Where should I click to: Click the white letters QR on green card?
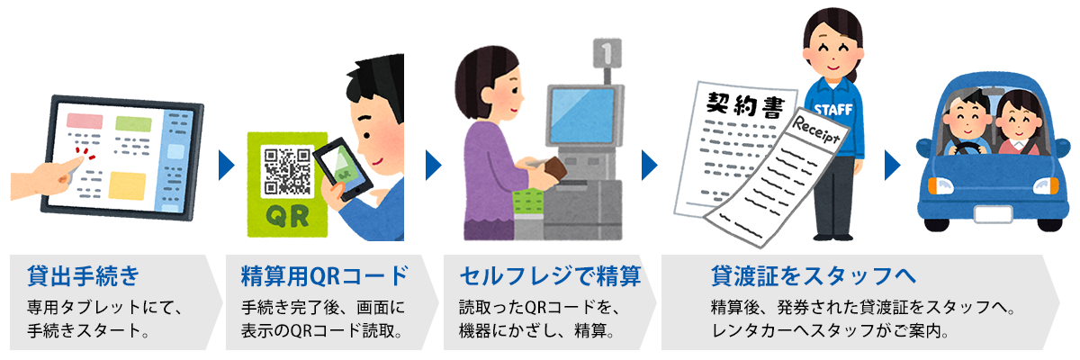pyautogui.click(x=286, y=217)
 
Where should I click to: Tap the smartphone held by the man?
pyautogui.click(x=342, y=170)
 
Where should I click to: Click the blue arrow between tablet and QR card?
pyautogui.click(x=227, y=165)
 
